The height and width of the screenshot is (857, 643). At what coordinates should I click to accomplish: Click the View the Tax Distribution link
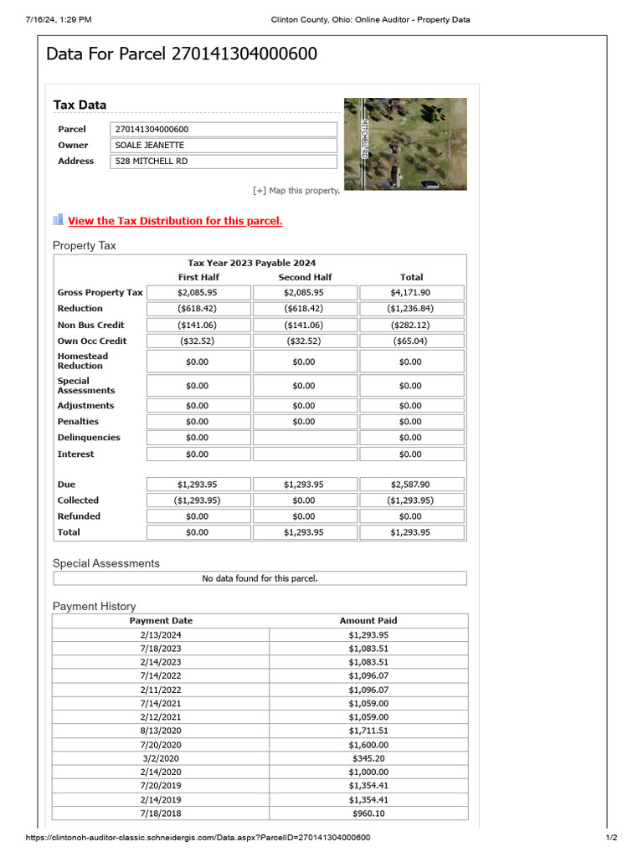(175, 221)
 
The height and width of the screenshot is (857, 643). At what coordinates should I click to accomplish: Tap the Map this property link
(296, 191)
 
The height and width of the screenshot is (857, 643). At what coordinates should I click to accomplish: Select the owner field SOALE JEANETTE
(223, 146)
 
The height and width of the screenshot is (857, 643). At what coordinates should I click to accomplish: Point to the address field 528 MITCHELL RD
(223, 162)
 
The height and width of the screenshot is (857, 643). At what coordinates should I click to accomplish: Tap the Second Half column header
(305, 277)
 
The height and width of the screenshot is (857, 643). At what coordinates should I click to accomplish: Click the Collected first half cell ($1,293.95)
(198, 500)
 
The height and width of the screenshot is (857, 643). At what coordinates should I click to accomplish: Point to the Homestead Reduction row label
(83, 362)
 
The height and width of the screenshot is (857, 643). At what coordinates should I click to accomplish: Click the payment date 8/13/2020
(161, 731)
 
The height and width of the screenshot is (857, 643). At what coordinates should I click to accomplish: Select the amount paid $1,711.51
(368, 731)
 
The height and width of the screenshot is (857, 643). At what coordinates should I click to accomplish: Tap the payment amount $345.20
(368, 758)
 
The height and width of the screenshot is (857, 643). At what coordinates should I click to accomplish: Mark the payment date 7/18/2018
(161, 813)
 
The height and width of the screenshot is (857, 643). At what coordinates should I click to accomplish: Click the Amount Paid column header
(368, 621)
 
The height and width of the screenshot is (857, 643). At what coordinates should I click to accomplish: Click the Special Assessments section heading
(105, 563)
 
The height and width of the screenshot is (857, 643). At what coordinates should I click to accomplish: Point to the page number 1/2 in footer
(611, 838)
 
